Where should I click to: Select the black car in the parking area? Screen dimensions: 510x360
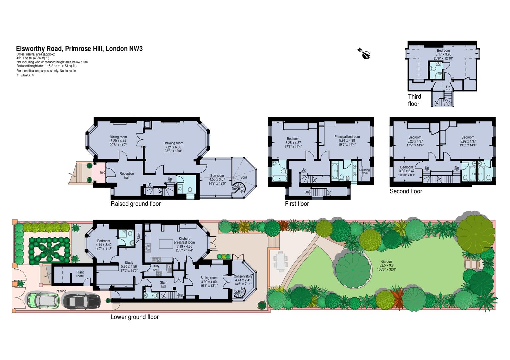[81, 301]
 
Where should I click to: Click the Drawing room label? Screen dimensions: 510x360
[173, 143]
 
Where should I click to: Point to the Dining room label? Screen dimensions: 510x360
[118, 137]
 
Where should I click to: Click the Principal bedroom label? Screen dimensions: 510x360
[347, 137]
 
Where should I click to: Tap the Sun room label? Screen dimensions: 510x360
[217, 176]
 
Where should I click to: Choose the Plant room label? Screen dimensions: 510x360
[80, 274]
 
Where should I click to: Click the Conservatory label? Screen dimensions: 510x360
[243, 276]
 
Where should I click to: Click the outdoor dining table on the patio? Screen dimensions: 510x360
[280, 261]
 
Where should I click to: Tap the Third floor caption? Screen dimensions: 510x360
[414, 100]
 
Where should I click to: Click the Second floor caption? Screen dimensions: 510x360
[406, 191]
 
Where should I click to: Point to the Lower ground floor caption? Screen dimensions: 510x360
[134, 317]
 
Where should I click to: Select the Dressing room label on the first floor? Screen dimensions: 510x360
[364, 172]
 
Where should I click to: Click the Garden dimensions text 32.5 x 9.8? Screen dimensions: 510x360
[386, 265]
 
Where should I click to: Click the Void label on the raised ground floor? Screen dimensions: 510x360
[243, 177]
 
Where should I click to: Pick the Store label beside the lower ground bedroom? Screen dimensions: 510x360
[139, 235]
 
